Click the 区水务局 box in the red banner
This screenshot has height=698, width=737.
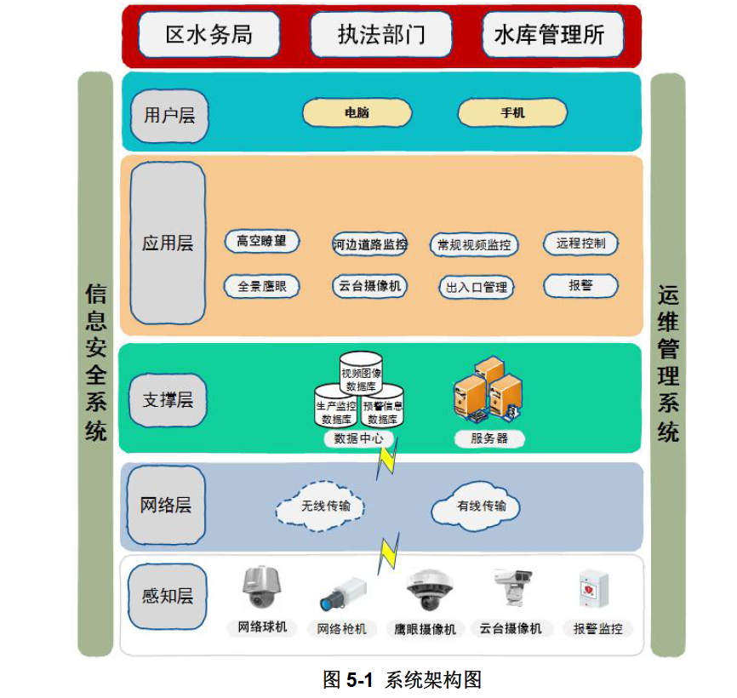click(x=209, y=35)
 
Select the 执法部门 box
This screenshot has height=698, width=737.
click(x=381, y=35)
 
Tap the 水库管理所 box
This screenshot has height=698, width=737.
click(x=553, y=35)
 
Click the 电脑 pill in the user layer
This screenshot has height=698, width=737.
click(x=357, y=112)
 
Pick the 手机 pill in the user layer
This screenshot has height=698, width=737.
click(x=512, y=112)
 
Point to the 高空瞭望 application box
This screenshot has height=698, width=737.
click(x=262, y=242)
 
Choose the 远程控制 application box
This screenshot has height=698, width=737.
click(x=580, y=243)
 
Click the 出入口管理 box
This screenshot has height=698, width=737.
click(x=477, y=287)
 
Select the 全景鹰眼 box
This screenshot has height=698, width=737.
click(x=262, y=286)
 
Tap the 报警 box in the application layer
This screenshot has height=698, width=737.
click(x=580, y=286)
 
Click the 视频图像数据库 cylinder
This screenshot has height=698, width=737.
click(x=361, y=373)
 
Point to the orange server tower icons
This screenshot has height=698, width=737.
click(x=488, y=388)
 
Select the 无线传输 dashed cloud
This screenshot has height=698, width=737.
click(x=321, y=506)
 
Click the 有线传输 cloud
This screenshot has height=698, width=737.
click(x=476, y=506)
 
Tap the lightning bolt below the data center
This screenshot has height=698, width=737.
click(x=387, y=459)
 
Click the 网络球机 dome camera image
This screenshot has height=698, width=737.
click(x=261, y=588)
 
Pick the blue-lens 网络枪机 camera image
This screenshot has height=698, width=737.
click(x=343, y=594)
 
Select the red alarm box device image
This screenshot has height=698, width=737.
click(x=594, y=589)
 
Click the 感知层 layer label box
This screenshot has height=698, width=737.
click(x=168, y=597)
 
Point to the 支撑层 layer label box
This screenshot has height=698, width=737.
click(x=168, y=400)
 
